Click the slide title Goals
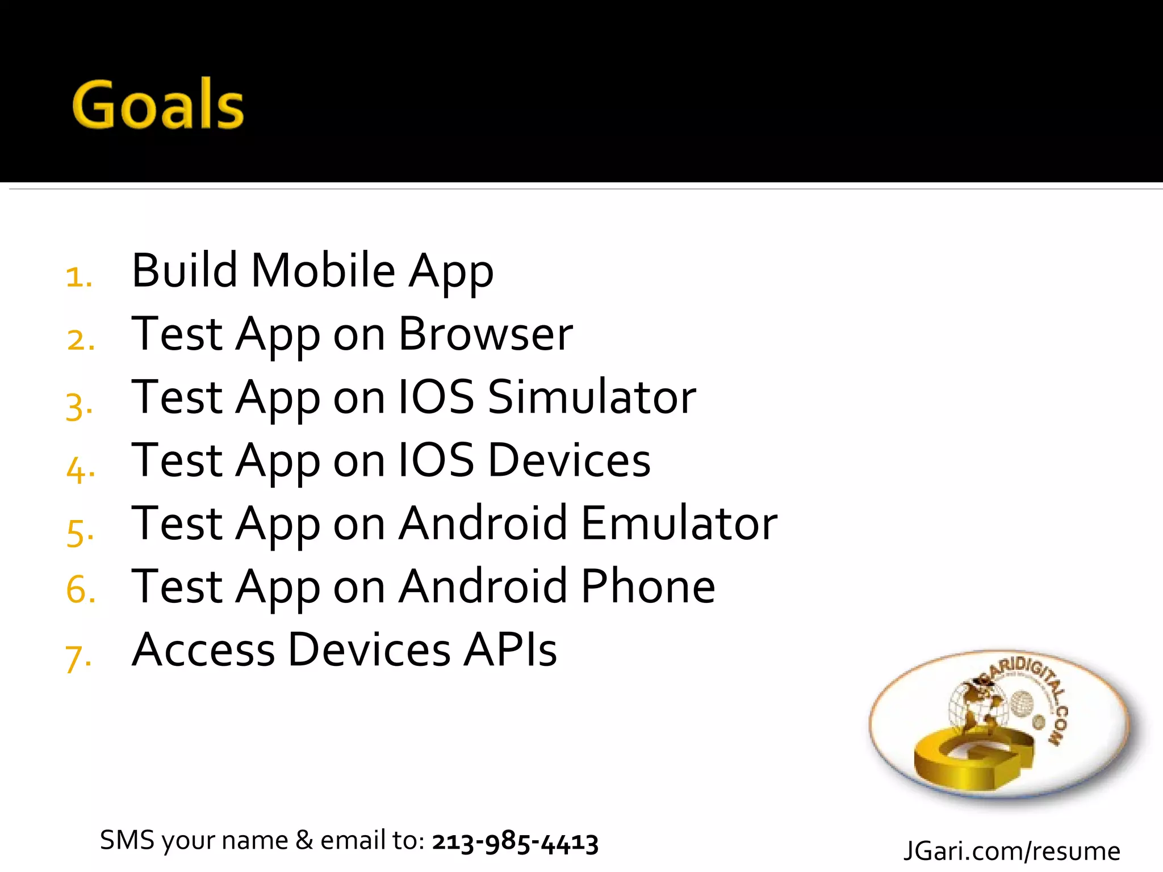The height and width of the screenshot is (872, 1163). coord(158,104)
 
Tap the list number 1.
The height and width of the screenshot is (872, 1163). coord(78,277)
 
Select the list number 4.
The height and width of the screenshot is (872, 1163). coord(80,469)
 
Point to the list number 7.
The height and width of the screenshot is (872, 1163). coord(78,659)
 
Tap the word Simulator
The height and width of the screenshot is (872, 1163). coord(592,397)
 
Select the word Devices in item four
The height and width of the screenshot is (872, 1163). coord(569,460)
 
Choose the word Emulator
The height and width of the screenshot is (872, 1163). coord(679,523)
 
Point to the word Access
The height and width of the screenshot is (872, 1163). coord(203,649)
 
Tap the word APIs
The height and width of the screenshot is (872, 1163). coord(510,649)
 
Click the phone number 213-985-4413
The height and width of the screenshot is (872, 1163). coord(515,842)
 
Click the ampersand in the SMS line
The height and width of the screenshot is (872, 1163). coord(304,840)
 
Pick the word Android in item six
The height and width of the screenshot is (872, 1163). coord(483,586)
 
